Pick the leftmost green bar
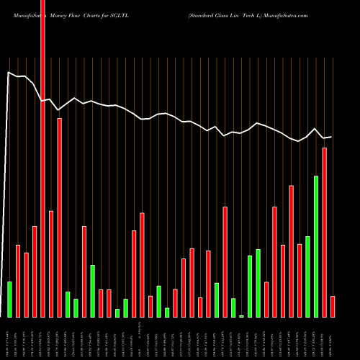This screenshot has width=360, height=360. point(10,299)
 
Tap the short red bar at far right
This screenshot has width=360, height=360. point(333,306)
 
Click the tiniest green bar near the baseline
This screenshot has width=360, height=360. point(242,316)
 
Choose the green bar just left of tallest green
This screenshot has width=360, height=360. point(307,276)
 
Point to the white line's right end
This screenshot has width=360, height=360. point(331,137)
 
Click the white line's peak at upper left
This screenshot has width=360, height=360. point(9,72)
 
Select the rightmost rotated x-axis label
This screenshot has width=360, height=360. point(333,338)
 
